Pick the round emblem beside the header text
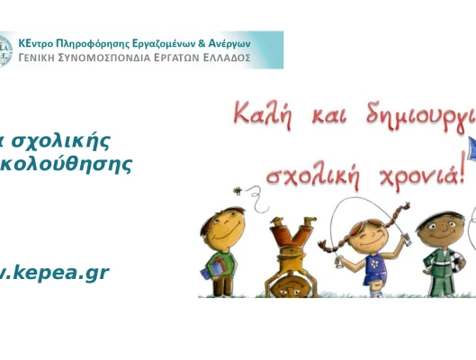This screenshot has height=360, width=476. (x=5, y=50)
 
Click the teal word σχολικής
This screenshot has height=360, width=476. (x=64, y=140)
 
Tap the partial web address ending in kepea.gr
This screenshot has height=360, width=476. (x=54, y=272)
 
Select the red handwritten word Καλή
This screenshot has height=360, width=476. (x=264, y=114)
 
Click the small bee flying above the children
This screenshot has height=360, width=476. (x=238, y=192)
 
